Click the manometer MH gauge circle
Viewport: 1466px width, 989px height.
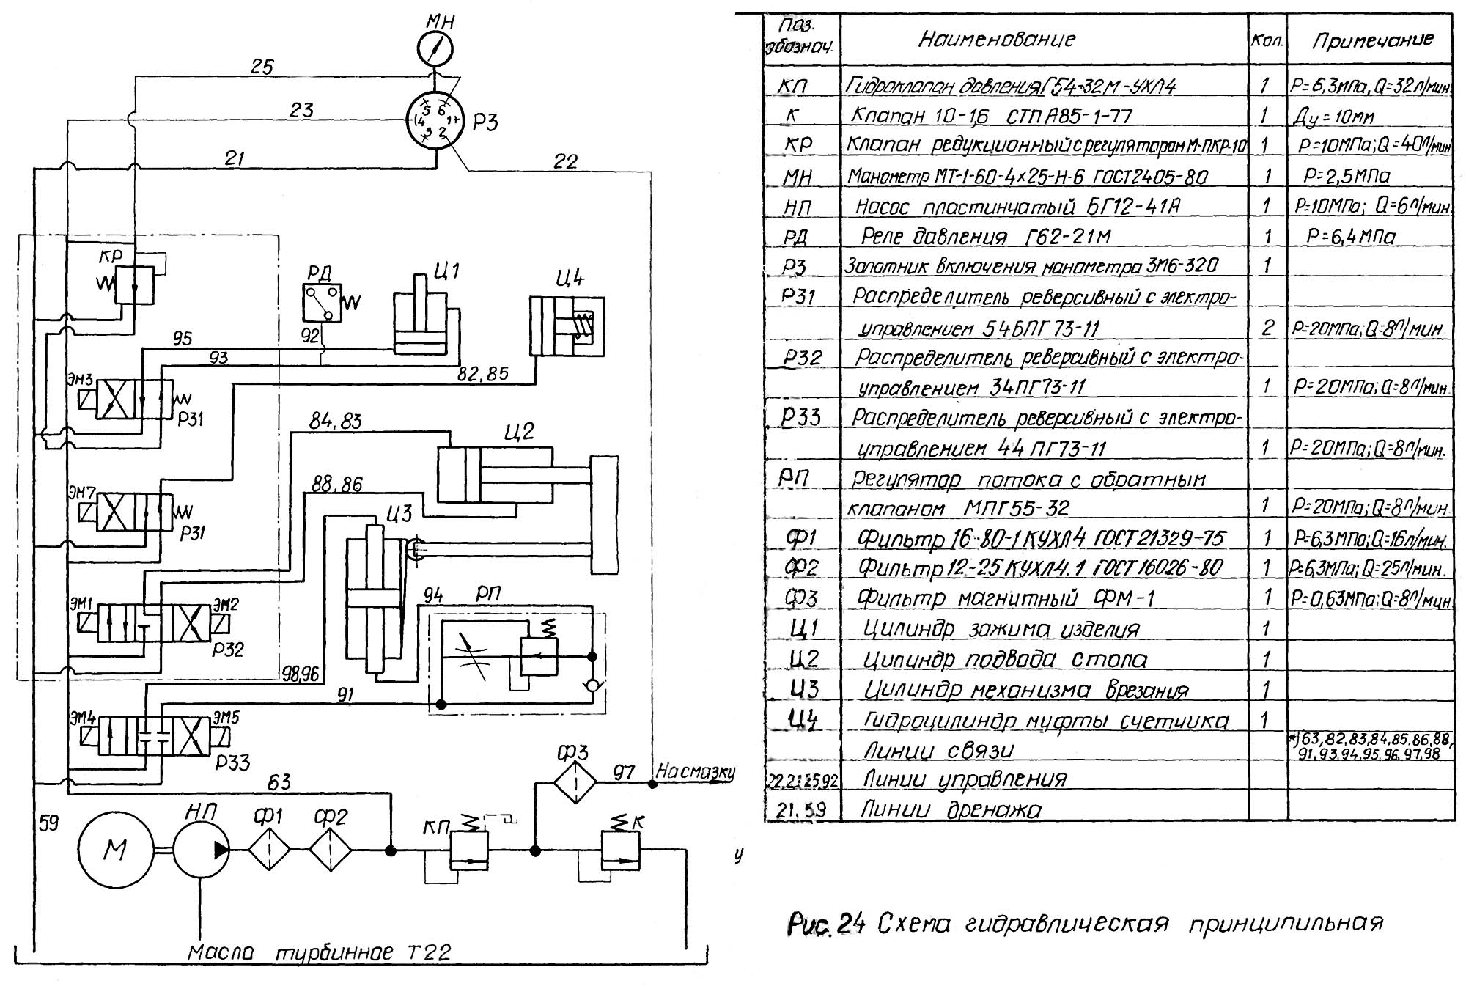click(435, 49)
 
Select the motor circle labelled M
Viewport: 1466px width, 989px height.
click(115, 850)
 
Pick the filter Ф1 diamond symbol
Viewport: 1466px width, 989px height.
click(269, 850)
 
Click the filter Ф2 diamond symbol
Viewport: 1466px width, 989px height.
click(331, 850)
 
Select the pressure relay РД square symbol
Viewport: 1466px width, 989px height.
click(323, 303)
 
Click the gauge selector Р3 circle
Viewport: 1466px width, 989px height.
click(435, 120)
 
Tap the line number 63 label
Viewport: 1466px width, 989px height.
click(279, 782)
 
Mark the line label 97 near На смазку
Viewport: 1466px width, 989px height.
click(623, 772)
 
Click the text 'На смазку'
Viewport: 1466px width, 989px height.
click(694, 771)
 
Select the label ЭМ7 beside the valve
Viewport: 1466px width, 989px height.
click(82, 492)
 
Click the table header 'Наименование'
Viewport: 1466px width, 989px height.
click(996, 39)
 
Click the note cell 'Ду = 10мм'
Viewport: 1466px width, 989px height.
click(1333, 117)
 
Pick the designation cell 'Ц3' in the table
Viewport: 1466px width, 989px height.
click(803, 689)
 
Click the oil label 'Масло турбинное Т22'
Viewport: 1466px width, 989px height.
click(319, 953)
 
